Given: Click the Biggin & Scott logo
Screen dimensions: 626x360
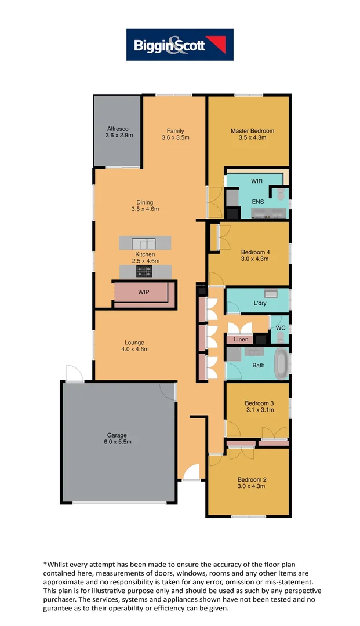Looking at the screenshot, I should tap(180, 45).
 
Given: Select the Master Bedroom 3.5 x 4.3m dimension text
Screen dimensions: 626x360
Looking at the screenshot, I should tap(252, 138).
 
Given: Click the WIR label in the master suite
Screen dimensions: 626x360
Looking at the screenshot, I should tap(257, 181).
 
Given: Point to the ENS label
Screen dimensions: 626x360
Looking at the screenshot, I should tap(257, 202).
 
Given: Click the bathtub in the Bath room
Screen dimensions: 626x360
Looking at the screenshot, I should tap(281, 364).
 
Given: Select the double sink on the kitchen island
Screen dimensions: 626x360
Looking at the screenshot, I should tap(143, 243).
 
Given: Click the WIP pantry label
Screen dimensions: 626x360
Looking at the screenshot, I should tap(143, 293).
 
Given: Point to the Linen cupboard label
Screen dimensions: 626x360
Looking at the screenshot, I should tap(241, 339).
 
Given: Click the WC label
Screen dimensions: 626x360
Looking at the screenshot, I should tap(281, 328).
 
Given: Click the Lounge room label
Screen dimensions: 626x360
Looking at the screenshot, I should tap(134, 342).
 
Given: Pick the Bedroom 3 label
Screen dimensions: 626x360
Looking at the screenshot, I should tap(259, 403).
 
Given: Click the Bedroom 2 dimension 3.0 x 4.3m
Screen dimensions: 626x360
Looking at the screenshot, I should tap(252, 486).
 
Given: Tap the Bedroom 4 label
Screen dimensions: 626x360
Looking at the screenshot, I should tap(255, 252).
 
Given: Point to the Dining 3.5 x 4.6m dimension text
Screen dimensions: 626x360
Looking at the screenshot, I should tap(145, 209).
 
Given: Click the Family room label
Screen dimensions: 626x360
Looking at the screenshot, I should tap(175, 130).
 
